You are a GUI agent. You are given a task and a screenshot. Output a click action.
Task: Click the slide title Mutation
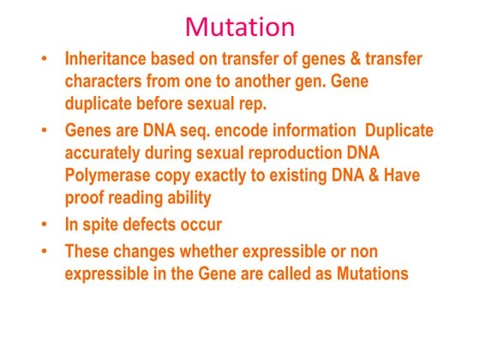240,27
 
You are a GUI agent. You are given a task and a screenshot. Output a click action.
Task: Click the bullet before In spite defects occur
45,225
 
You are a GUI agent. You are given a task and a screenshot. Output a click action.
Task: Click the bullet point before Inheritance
45,61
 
